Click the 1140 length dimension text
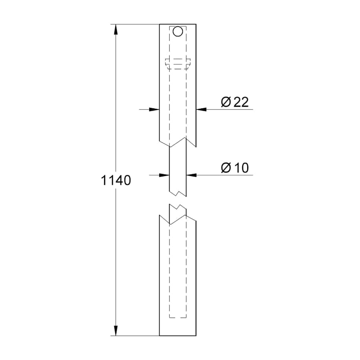tap(116, 181)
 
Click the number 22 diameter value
tap(240, 102)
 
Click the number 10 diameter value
tap(240, 168)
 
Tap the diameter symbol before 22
tap(226, 102)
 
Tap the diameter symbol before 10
tap(226, 168)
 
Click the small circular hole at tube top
tap(178, 31)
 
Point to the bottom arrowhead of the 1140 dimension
tap(116, 330)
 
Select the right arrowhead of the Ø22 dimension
tap(201, 109)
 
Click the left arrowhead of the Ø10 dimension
tap(164, 175)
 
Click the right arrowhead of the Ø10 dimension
tap(191, 175)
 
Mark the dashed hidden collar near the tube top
tap(178, 63)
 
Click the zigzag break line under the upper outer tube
tap(178, 142)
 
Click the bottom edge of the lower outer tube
tap(178, 336)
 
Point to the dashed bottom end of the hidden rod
tap(178, 318)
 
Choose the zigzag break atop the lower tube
tap(178, 216)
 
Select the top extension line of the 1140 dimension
tap(136, 24)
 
